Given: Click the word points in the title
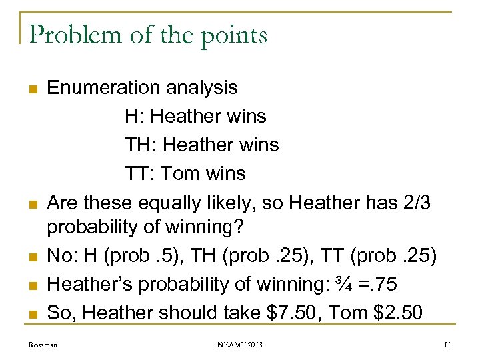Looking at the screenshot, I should [229, 35].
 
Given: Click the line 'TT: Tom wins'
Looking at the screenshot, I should [185, 173].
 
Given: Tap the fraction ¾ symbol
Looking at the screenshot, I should [344, 285].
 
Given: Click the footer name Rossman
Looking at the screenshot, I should [43, 345].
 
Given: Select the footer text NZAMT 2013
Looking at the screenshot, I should [239, 345].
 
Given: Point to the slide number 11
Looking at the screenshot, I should [446, 345].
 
